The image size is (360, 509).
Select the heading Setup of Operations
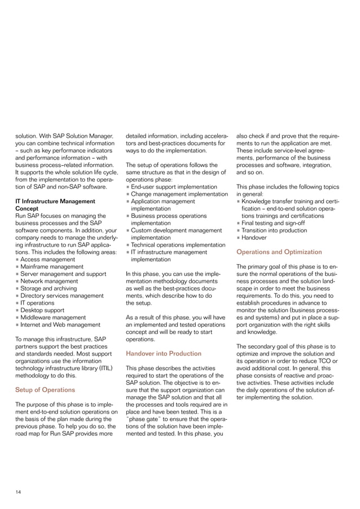point(45,389)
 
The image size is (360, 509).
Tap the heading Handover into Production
point(163,353)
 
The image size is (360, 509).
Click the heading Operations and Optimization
point(279,252)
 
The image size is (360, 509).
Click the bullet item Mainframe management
point(51,266)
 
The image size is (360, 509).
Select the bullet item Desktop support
point(43,310)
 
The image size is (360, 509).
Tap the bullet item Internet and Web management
point(60,324)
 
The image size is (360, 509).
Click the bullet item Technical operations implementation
point(178,245)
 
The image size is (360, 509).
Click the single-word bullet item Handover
point(257,238)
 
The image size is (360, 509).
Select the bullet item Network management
point(49,281)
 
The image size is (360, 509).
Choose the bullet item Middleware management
point(53,317)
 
